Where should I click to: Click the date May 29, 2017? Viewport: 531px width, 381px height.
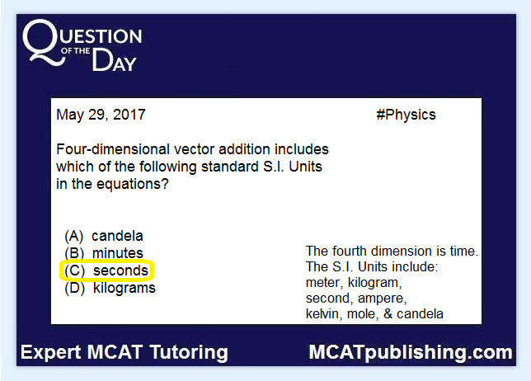click(x=101, y=115)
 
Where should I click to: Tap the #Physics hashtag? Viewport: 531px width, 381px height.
click(x=406, y=115)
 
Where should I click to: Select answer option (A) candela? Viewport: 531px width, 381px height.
click(x=104, y=236)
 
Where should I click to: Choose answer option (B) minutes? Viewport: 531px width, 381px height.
click(x=104, y=253)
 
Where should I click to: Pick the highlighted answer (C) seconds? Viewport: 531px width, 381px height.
click(x=106, y=270)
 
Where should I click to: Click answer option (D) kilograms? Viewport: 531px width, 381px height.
click(x=110, y=288)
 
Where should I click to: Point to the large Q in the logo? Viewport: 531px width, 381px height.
click(x=43, y=42)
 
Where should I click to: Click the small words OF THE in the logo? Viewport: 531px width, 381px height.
click(x=76, y=51)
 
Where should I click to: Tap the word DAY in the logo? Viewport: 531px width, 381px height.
click(x=114, y=60)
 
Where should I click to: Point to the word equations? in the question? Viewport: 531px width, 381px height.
click(x=133, y=184)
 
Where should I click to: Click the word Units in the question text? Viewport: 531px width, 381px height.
click(x=305, y=167)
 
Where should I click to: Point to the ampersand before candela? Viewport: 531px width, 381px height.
click(x=388, y=314)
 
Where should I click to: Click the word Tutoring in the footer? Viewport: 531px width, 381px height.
click(x=189, y=353)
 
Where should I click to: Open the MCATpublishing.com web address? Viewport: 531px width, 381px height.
click(x=411, y=353)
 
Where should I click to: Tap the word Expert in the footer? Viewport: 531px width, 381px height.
click(x=51, y=353)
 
